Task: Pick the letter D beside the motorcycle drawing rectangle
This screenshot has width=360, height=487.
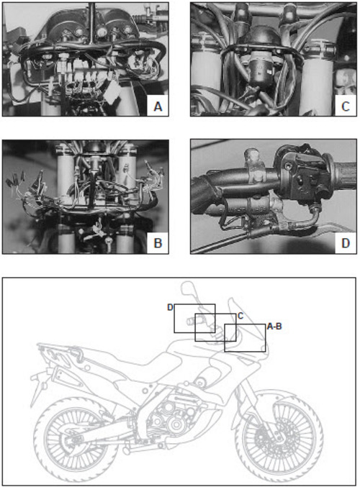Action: pos(170,307)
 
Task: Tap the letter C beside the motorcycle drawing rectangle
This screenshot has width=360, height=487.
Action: pos(240,316)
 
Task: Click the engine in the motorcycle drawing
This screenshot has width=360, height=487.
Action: pos(169,417)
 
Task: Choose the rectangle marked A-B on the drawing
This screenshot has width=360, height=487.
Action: pos(245,337)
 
